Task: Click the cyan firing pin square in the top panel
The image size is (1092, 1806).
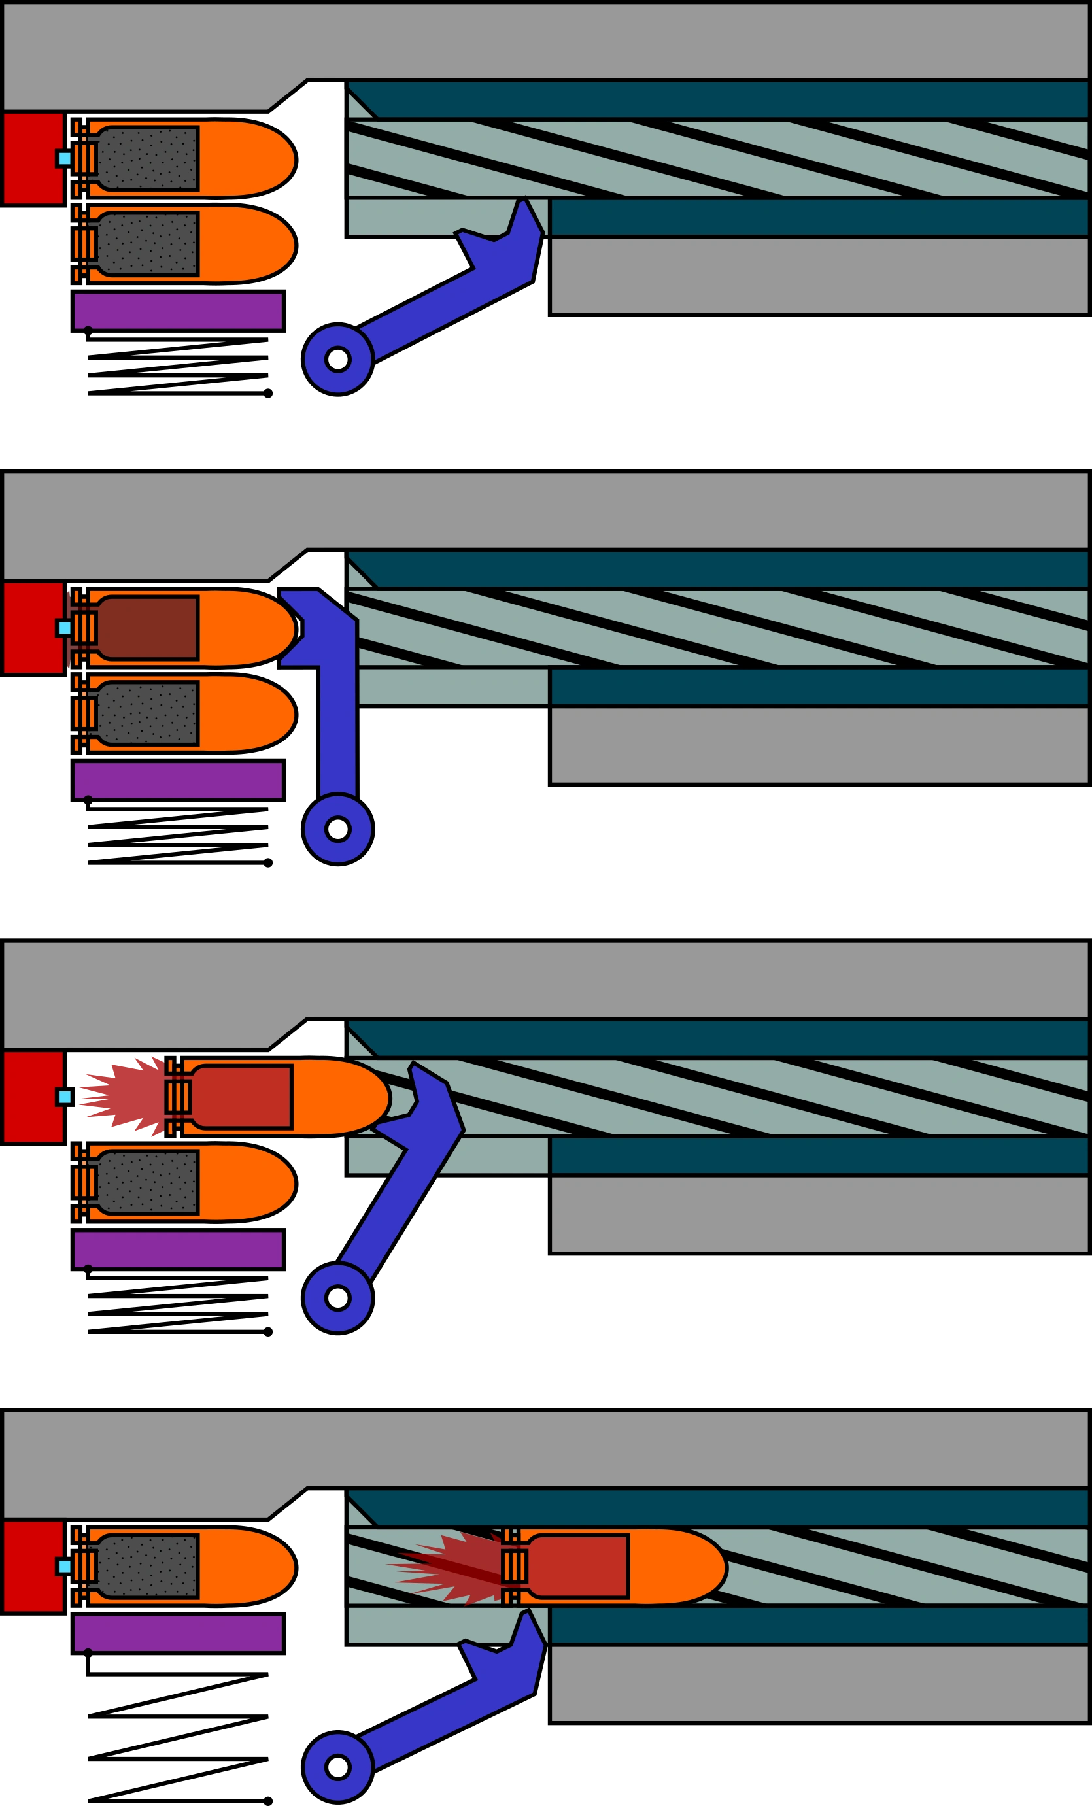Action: click(x=65, y=158)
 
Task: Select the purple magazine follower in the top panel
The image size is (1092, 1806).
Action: click(x=178, y=311)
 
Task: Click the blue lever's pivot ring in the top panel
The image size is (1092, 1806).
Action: click(x=338, y=359)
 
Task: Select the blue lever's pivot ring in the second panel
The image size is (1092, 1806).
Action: click(x=338, y=830)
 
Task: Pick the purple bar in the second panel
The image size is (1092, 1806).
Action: click(x=178, y=781)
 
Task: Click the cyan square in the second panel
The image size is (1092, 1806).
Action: click(x=65, y=628)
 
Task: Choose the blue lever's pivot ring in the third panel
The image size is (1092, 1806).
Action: click(x=338, y=1298)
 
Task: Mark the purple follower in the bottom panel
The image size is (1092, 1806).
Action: click(x=178, y=1633)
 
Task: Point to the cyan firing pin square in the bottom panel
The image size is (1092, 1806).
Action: click(x=65, y=1566)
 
